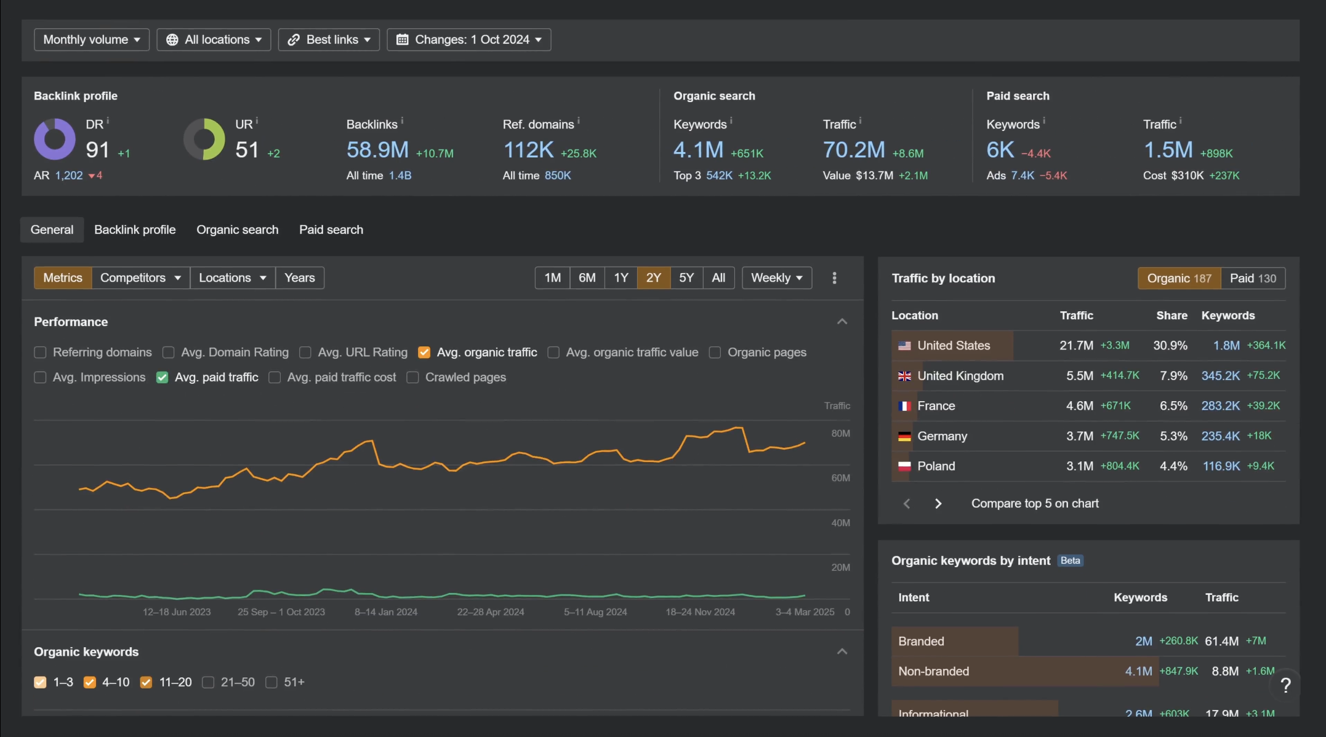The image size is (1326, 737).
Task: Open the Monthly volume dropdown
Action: pos(91,39)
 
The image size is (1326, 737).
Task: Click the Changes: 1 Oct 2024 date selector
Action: pos(468,39)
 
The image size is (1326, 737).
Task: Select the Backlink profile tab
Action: pos(135,229)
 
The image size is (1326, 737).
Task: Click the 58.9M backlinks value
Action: pos(377,149)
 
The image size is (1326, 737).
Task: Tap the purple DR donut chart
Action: pos(55,139)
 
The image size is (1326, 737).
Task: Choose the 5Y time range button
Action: pos(686,277)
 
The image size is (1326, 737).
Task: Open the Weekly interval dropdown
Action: pos(776,277)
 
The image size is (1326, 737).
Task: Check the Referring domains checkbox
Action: pos(41,353)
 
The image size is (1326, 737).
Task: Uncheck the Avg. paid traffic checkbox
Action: pos(163,377)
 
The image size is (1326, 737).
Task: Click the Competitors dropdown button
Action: pos(140,277)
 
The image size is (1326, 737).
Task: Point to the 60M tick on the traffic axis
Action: pos(840,478)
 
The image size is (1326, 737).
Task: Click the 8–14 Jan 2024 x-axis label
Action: pos(386,612)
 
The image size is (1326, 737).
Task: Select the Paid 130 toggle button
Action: pos(1253,278)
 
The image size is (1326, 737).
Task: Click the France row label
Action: pos(936,406)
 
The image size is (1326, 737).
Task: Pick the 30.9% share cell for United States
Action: pos(1170,346)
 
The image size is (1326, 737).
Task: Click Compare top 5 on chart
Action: pos(1034,503)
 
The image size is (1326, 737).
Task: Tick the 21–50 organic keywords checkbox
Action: pos(208,682)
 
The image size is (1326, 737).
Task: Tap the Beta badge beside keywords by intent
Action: pos(1070,560)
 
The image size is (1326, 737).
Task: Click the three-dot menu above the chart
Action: pos(834,278)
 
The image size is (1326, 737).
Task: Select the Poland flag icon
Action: pos(904,466)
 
